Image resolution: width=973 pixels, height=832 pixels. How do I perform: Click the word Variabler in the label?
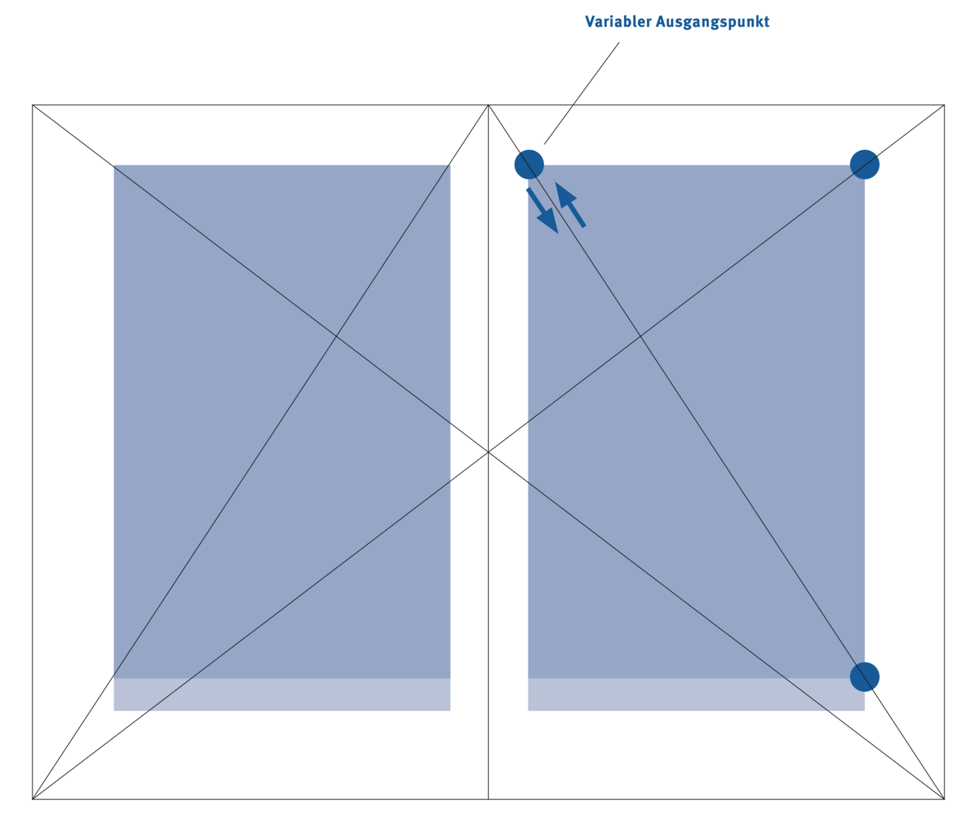[617, 22]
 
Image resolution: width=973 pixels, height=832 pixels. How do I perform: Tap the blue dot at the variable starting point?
[529, 165]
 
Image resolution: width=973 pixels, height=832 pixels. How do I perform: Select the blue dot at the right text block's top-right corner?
[864, 165]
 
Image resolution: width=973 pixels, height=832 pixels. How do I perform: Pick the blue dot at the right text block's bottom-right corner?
[864, 677]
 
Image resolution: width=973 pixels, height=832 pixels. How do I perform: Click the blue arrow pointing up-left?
[570, 205]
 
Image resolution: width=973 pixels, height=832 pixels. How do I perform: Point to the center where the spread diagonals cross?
[488, 452]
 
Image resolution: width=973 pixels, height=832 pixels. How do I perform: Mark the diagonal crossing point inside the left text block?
[336, 336]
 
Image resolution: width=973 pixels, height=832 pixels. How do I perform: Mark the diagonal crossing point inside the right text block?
[640, 336]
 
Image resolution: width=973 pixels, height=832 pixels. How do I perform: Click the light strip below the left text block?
[282, 695]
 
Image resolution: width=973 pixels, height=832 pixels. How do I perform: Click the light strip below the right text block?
[696, 695]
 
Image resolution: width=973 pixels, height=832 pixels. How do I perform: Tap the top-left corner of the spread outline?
[33, 105]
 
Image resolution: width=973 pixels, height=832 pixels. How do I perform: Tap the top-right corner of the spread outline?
[944, 105]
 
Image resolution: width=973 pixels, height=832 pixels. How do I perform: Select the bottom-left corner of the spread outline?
[33, 799]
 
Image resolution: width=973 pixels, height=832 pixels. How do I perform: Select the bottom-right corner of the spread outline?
[944, 799]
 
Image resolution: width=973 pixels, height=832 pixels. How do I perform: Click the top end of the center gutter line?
[488, 105]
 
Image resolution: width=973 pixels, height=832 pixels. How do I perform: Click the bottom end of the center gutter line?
[488, 799]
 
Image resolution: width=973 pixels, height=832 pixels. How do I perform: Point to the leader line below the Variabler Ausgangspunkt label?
[582, 93]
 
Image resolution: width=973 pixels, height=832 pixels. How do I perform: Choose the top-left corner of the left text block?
[114, 165]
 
